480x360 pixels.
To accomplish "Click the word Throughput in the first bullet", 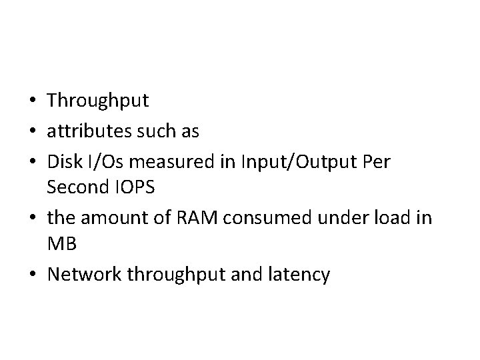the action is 98,101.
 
